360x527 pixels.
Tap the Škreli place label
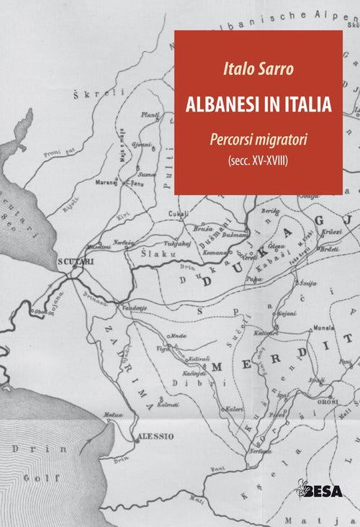[x=110, y=92]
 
